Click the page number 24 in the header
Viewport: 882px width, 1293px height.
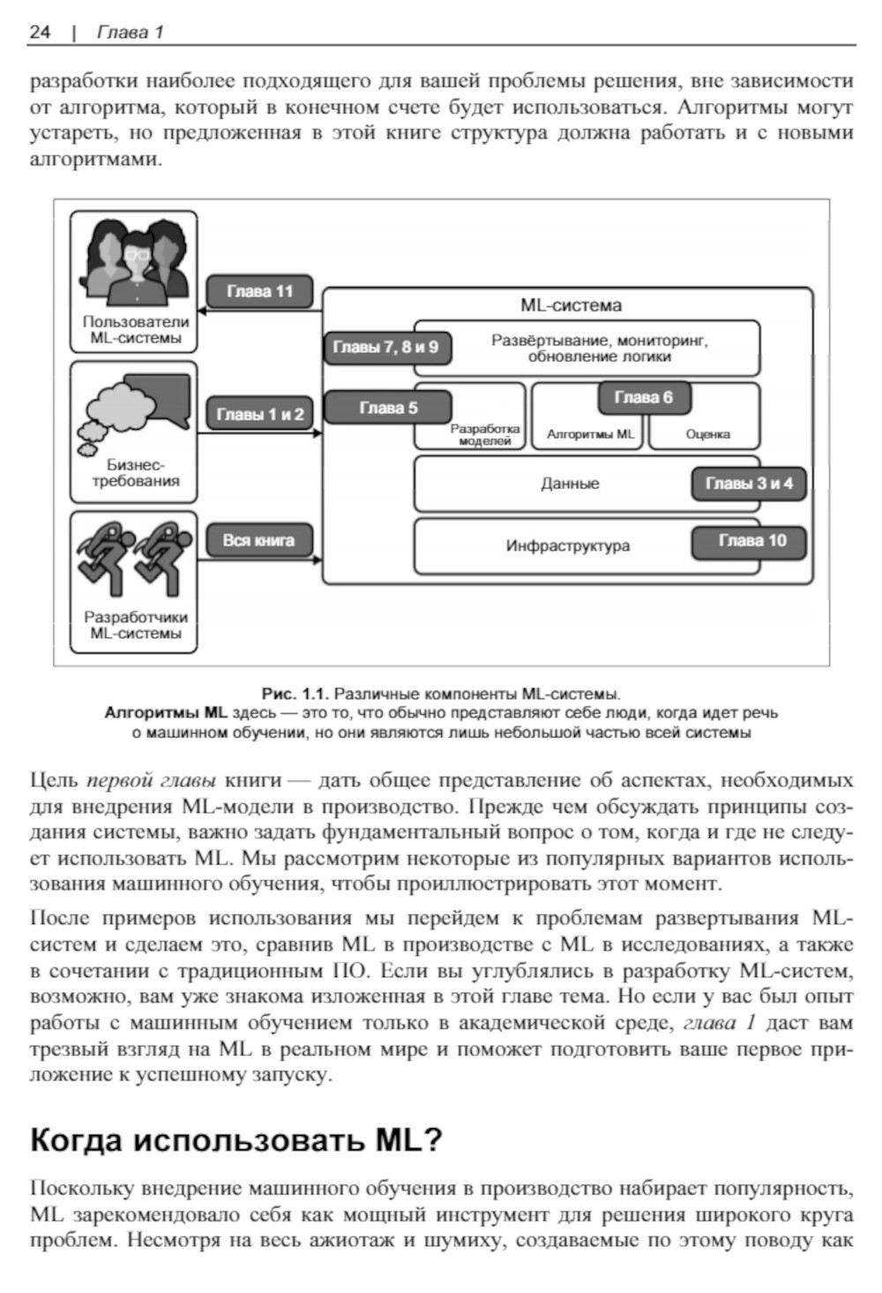tap(40, 33)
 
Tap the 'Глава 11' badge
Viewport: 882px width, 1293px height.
tap(259, 291)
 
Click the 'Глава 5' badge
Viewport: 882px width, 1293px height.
tap(388, 408)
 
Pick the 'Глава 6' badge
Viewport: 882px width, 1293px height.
tap(643, 397)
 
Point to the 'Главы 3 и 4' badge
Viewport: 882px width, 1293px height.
tap(749, 484)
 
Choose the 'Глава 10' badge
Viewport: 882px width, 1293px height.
tap(751, 541)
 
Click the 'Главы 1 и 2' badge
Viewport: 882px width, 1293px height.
tap(259, 414)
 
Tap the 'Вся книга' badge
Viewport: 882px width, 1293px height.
tap(259, 540)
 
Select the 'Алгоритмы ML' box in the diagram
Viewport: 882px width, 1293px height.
tap(590, 434)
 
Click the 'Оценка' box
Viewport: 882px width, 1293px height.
tap(707, 434)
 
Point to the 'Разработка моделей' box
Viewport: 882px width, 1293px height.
tap(484, 434)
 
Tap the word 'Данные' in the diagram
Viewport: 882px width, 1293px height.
tap(570, 484)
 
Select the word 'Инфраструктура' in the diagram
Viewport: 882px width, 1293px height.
tap(568, 545)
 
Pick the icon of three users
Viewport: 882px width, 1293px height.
tap(134, 261)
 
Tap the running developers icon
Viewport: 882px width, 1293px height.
tap(135, 559)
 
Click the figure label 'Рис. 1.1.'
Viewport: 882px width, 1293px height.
tap(295, 694)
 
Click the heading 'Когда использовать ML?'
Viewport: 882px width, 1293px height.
tap(235, 1140)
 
